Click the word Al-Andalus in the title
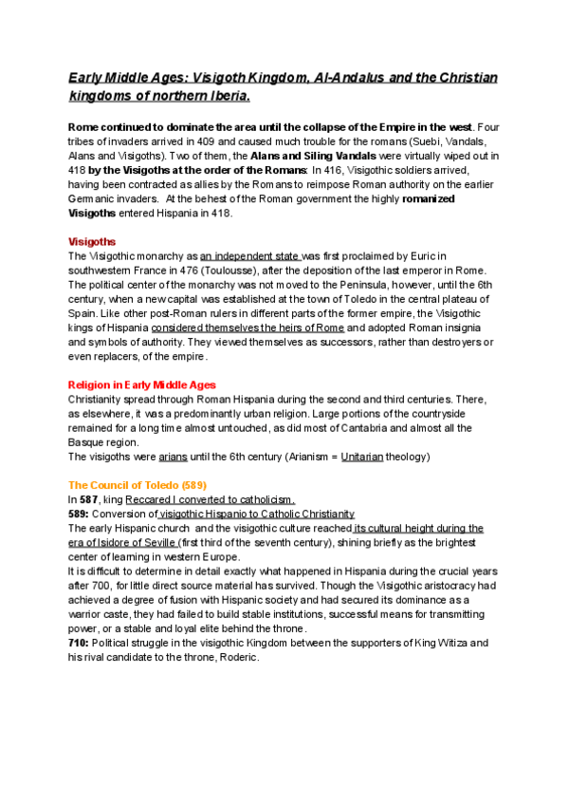[x=358, y=77]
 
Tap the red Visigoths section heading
[x=93, y=241]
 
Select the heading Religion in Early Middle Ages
[x=142, y=384]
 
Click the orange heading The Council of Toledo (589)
[x=133, y=484]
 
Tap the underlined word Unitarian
[x=362, y=457]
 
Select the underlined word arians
[x=174, y=457]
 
